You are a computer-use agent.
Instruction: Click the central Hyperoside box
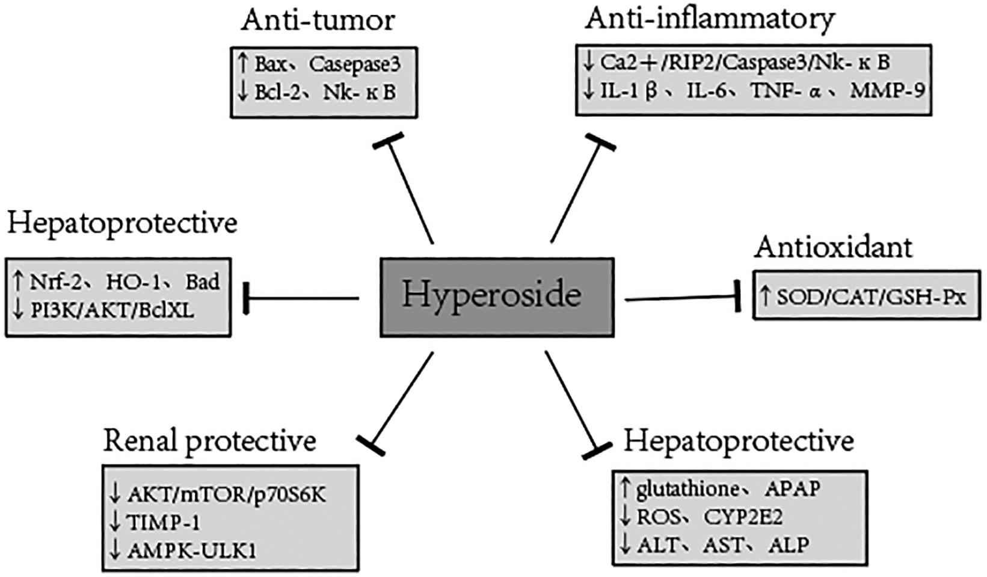coord(497,297)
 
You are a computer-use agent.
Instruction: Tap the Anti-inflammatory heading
coord(710,19)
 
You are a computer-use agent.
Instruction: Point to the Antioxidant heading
coord(834,247)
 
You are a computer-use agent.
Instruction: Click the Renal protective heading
coord(210,441)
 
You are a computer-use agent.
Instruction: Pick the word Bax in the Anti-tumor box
coord(270,64)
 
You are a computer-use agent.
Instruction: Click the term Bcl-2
coord(277,92)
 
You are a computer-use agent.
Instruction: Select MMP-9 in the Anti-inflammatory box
coord(887,91)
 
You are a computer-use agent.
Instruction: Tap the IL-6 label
coord(706,91)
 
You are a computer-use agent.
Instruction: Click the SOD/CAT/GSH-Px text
coord(872,297)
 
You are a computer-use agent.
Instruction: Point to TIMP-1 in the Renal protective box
coord(164,522)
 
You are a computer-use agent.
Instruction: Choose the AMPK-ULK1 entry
coord(192,551)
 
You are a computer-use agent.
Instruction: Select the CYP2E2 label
coord(743,517)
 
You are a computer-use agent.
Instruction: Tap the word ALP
coord(789,545)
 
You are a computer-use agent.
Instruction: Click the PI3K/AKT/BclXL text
coord(112,310)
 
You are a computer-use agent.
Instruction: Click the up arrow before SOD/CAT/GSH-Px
coord(765,296)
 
